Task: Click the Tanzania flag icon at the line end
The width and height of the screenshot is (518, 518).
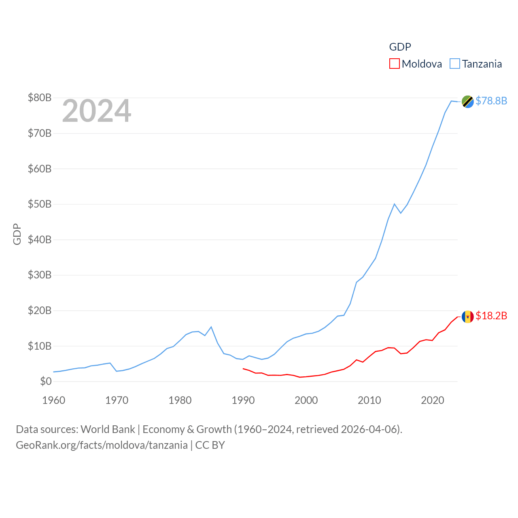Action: [467, 102]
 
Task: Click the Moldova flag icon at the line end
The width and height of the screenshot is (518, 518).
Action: [467, 316]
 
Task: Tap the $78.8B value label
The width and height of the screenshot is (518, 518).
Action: [491, 101]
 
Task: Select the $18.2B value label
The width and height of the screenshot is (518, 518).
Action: [491, 316]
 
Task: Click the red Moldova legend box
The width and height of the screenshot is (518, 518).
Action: [394, 64]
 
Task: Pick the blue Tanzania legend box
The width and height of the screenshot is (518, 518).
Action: [455, 64]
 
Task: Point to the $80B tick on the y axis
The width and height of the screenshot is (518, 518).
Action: [40, 98]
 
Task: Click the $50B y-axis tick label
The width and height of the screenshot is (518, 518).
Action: [40, 204]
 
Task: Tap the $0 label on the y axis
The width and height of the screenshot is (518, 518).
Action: [46, 381]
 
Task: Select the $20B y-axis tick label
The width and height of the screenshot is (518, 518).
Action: [40, 310]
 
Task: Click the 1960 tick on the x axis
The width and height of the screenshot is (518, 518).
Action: [54, 400]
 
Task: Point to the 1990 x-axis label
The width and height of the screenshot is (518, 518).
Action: [243, 400]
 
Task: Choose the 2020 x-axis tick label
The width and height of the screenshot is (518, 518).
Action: [433, 400]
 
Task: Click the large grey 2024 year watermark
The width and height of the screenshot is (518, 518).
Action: [96, 111]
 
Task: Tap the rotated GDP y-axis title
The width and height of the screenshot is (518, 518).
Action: [17, 234]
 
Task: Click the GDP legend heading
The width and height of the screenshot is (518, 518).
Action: [400, 47]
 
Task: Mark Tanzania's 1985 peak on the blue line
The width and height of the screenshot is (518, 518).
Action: [211, 327]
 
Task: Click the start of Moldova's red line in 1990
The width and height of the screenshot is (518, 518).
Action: [243, 369]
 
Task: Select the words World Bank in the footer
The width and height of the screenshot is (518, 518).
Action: [108, 429]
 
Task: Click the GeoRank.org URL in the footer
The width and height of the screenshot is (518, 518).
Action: [102, 445]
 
